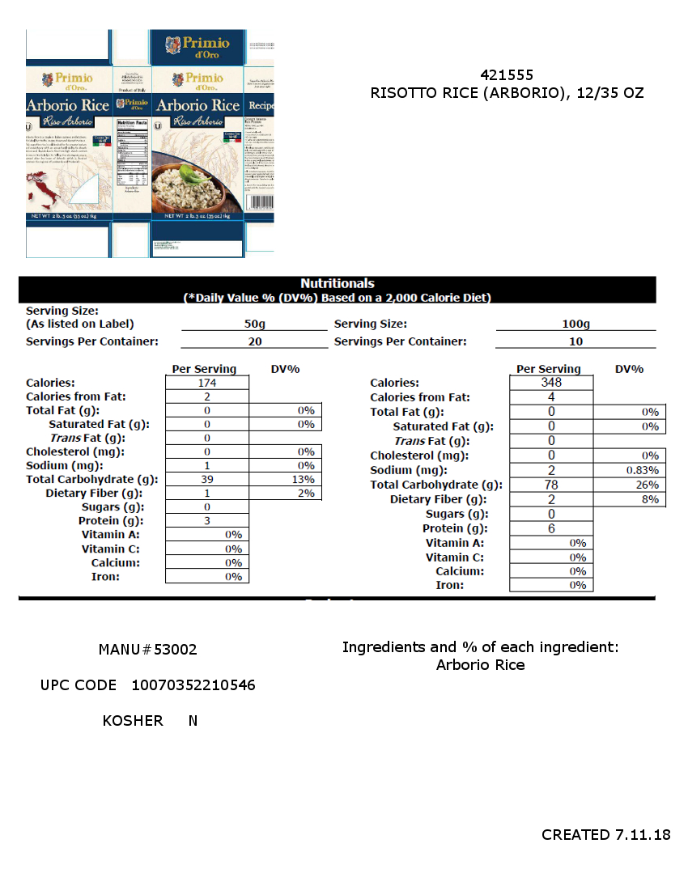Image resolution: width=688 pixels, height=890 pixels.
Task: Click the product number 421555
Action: pyautogui.click(x=507, y=74)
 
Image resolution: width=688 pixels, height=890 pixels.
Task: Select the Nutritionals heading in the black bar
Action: pyautogui.click(x=338, y=283)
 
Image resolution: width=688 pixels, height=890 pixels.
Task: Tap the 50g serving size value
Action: pyautogui.click(x=254, y=324)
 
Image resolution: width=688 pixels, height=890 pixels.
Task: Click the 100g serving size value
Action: pyautogui.click(x=575, y=324)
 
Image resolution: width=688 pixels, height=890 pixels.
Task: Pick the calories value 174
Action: pyautogui.click(x=207, y=383)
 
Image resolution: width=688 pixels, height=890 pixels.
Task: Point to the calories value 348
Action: pyautogui.click(x=551, y=383)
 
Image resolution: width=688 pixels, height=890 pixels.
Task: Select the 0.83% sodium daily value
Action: pyautogui.click(x=643, y=470)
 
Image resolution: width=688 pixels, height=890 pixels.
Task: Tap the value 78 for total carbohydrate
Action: pyautogui.click(x=551, y=485)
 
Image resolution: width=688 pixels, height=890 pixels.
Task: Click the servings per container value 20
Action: pyautogui.click(x=254, y=341)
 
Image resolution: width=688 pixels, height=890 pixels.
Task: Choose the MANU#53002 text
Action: pyautogui.click(x=147, y=650)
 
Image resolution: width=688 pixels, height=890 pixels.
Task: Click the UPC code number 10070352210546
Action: pyautogui.click(x=193, y=685)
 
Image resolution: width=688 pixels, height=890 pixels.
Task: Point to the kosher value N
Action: pyautogui.click(x=193, y=720)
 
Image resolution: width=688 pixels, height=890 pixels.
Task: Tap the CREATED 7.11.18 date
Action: pyautogui.click(x=605, y=834)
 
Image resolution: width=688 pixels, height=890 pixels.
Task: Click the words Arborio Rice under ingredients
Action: pyautogui.click(x=480, y=665)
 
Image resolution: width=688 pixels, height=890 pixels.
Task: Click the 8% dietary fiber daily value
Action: pyautogui.click(x=650, y=499)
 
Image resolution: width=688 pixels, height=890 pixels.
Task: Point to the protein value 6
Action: pyautogui.click(x=551, y=528)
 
